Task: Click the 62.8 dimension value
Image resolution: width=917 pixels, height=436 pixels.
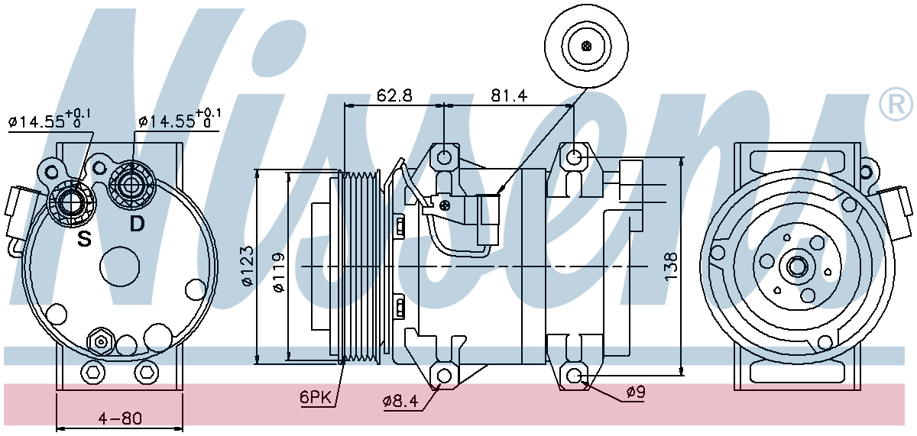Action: [x=394, y=95]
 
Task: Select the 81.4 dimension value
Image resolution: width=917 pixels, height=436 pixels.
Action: [x=509, y=95]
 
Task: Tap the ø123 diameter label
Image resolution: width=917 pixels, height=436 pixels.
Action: [x=248, y=266]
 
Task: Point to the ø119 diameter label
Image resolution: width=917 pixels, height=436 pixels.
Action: [x=278, y=273]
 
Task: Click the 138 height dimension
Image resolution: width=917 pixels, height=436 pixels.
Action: [x=671, y=266]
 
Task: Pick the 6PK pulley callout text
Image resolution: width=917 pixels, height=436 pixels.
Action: [x=315, y=397]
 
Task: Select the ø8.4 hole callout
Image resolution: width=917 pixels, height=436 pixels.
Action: [x=400, y=402]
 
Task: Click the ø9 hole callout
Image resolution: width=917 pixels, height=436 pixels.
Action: [x=635, y=392]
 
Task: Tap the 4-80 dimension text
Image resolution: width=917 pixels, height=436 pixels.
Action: [x=120, y=418]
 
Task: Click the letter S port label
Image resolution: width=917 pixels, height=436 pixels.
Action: [x=84, y=239]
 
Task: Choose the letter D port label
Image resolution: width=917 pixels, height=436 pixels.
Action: [x=137, y=224]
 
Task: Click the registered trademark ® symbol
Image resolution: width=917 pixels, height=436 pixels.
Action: [x=896, y=105]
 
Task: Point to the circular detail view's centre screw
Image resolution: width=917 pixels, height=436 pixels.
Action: [x=586, y=46]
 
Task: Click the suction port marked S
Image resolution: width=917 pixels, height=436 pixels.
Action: [x=71, y=202]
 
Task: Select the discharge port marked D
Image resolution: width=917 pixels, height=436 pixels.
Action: [x=131, y=186]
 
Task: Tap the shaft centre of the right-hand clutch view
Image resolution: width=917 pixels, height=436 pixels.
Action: [x=796, y=267]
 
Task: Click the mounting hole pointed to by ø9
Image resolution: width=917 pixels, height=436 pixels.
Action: [x=575, y=375]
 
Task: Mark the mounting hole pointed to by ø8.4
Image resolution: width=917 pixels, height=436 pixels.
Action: [x=445, y=375]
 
